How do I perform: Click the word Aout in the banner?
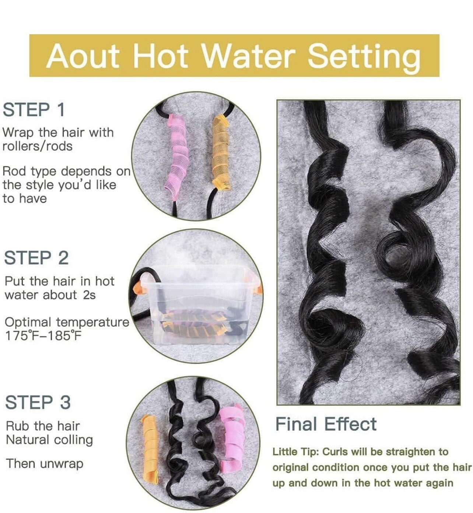click(x=83, y=56)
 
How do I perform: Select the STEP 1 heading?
click(x=34, y=110)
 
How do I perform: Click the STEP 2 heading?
click(x=36, y=258)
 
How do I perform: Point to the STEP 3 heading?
click(x=38, y=403)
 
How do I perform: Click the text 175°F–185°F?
click(x=43, y=336)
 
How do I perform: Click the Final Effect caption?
click(x=326, y=424)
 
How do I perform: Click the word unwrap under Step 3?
click(x=62, y=464)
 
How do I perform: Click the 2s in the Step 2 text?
click(x=89, y=295)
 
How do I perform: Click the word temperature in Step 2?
click(x=92, y=322)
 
